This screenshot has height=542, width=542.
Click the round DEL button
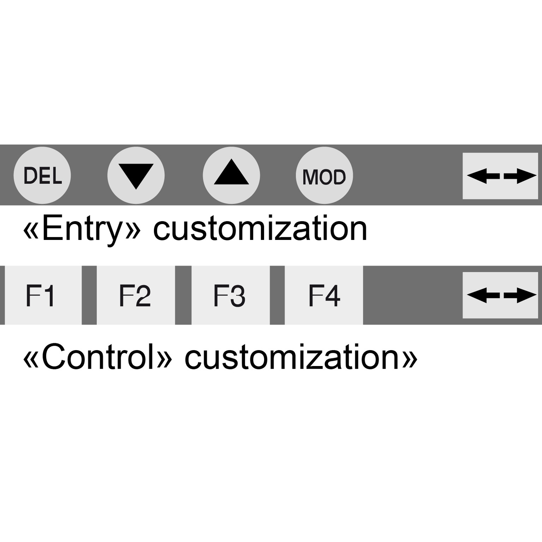[42, 175]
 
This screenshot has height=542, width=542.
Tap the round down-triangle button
[136, 175]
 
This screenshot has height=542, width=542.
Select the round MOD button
[324, 175]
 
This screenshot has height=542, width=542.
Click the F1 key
[43, 295]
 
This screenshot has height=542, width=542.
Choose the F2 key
[136, 295]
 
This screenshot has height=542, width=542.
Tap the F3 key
[231, 295]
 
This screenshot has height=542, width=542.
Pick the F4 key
[324, 295]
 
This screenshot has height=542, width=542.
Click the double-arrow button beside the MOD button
[500, 176]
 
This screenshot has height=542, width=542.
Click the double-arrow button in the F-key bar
[500, 295]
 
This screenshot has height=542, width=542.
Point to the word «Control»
[98, 357]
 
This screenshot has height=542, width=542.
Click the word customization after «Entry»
[260, 228]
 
